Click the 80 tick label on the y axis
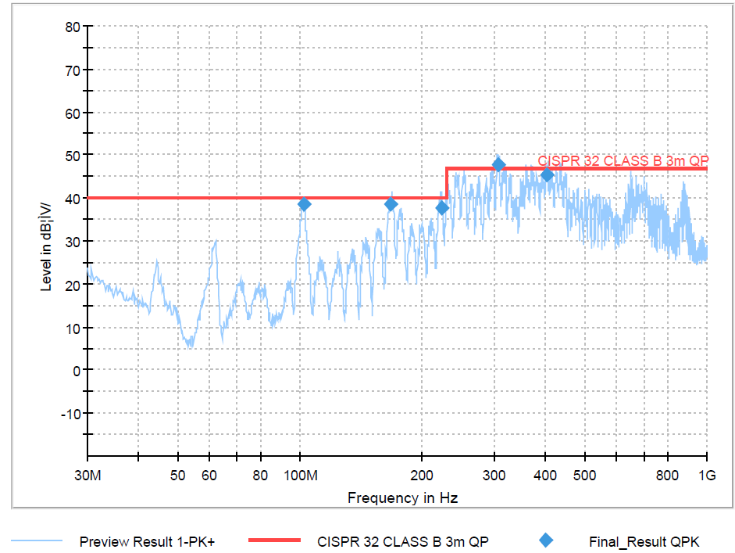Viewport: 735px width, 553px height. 72,27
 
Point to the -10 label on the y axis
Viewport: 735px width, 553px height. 69,412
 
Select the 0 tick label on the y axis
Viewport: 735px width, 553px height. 76,369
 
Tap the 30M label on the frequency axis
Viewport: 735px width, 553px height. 87,476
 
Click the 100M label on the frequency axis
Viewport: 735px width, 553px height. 300,476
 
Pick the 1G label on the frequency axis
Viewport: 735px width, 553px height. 707,476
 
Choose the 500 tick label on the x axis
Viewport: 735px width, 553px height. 584,476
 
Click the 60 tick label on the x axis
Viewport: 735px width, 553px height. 209,476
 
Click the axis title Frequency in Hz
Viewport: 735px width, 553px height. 402,498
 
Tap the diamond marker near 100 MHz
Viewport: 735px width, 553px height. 305,204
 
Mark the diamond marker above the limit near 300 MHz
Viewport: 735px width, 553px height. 498,165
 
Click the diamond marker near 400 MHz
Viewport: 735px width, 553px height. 547,174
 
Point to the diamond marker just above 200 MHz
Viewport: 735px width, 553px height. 442,208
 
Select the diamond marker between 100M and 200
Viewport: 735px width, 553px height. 391,204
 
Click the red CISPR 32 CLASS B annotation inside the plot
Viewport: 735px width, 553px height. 623,160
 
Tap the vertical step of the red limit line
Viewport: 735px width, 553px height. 446,183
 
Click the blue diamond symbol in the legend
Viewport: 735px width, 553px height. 546,540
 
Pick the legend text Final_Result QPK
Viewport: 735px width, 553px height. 644,541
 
